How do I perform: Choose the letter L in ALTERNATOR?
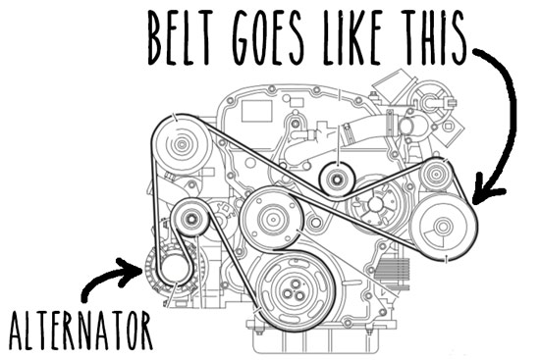point(29,332)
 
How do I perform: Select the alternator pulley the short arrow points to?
point(174,264)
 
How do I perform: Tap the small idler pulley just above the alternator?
point(189,219)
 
